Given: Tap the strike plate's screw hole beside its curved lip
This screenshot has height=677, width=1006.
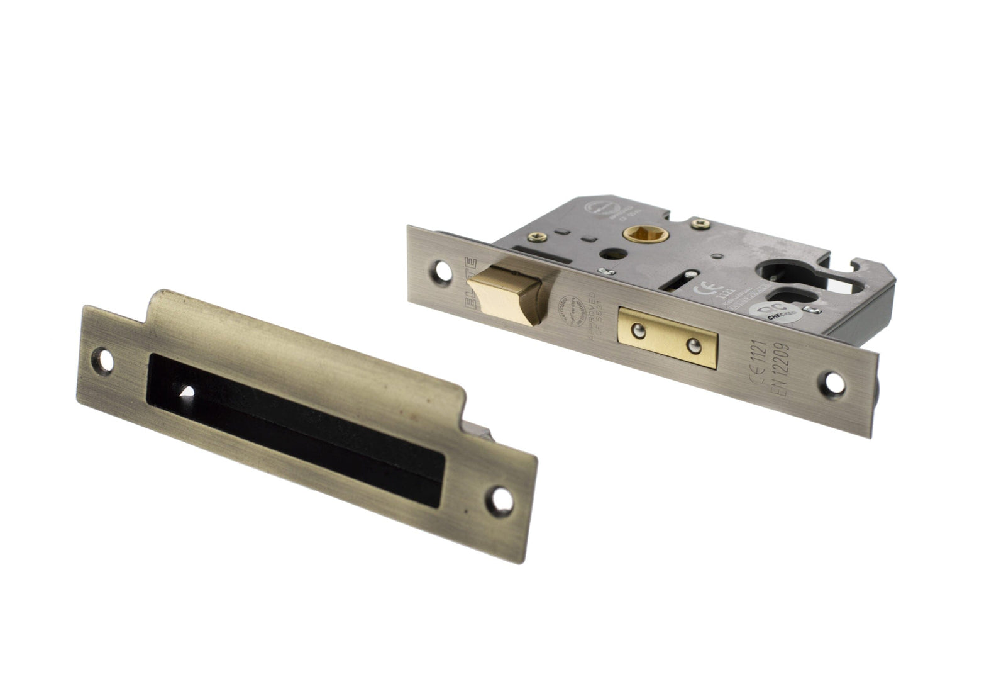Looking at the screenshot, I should (x=106, y=361).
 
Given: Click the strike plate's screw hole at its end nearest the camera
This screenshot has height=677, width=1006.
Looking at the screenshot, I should (x=501, y=498).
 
